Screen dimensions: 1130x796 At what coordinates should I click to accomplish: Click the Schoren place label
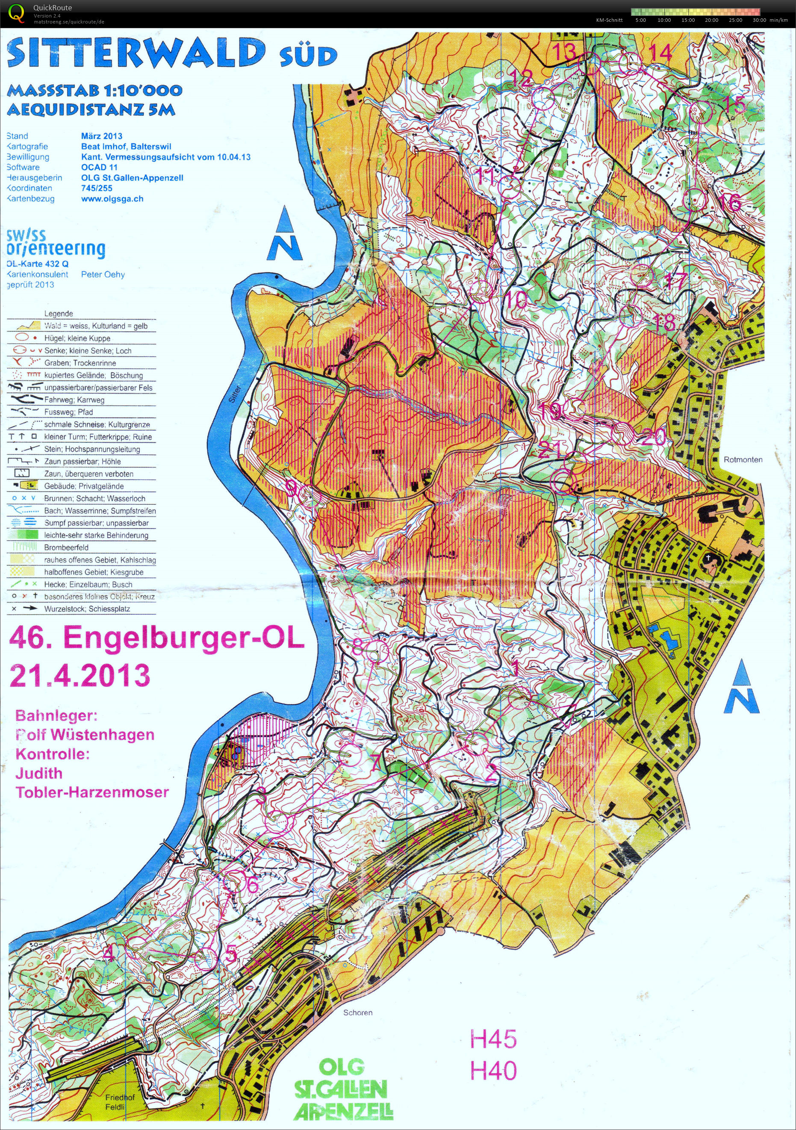pos(357,1012)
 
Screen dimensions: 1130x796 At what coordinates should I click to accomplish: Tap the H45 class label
pos(493,1039)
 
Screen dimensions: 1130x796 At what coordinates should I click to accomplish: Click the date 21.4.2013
pos(80,675)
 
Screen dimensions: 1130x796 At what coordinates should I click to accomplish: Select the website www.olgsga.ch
pos(112,199)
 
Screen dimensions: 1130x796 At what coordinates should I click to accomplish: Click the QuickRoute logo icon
pos(16,13)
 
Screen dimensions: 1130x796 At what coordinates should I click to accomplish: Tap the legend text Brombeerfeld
pos(66,547)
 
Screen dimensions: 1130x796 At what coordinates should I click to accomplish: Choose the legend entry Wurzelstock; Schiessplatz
pos(87,609)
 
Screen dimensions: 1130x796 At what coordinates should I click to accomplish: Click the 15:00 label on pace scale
pos(688,20)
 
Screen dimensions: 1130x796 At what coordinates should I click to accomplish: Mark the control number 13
pos(564,51)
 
